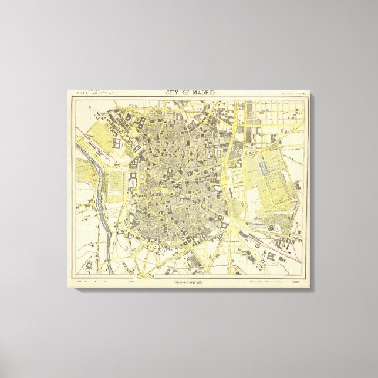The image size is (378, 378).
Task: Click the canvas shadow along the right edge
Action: [x=311, y=194]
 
